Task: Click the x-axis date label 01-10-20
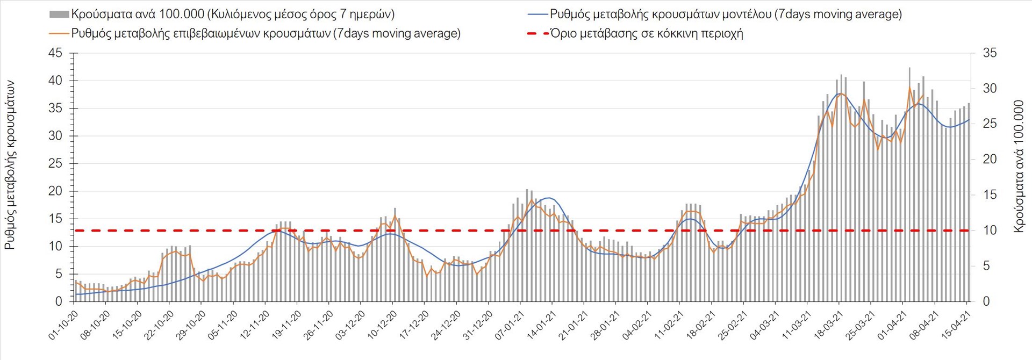point(63,325)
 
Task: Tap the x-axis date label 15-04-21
point(957,325)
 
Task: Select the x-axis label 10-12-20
point(382,325)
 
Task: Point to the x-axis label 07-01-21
point(510,325)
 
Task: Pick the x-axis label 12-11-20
point(255,325)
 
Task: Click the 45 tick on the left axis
point(55,53)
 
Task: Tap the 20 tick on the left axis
point(55,191)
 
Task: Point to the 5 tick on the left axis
point(59,274)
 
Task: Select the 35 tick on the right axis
point(990,53)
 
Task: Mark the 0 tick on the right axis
point(986,301)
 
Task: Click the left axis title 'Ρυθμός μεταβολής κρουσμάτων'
point(10,165)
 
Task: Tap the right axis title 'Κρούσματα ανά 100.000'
point(1019,167)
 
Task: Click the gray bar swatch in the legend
point(59,15)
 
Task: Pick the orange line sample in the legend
point(59,33)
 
